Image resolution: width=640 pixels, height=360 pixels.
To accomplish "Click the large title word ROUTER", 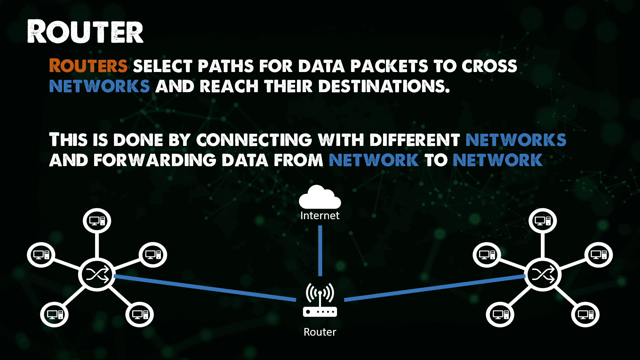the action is point(85,31).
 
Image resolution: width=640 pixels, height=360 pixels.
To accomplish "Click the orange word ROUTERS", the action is point(88,66).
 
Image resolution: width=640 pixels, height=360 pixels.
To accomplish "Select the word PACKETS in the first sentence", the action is point(389,66).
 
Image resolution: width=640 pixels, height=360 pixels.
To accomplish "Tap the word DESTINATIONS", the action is point(384,86).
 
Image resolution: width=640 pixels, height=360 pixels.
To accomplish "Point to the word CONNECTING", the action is point(254,140).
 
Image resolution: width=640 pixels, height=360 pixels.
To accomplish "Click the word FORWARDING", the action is point(155,160).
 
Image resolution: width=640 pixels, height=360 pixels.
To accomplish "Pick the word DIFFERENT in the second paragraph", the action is point(415,140).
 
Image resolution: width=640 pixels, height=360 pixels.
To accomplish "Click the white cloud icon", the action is point(320,197).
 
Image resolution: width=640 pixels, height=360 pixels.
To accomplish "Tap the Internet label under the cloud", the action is point(320,216).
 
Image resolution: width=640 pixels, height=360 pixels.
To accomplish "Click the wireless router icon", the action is point(320,300).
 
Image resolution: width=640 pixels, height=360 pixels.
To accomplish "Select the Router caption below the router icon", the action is point(320,332).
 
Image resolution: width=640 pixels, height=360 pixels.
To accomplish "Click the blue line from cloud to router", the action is point(320,251).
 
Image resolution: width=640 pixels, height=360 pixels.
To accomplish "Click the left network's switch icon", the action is point(97,275).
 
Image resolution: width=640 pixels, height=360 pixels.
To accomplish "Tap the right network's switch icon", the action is point(543,275).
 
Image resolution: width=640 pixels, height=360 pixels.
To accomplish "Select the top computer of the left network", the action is point(97,221).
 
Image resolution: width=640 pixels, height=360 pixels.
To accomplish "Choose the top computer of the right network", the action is point(543,221).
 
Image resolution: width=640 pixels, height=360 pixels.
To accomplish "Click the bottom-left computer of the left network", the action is point(54,314).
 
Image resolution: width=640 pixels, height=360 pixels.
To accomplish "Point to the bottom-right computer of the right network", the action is point(585,314).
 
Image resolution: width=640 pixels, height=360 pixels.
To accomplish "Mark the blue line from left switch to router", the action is point(205,288).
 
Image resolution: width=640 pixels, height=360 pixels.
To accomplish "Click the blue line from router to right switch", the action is point(435,288).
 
